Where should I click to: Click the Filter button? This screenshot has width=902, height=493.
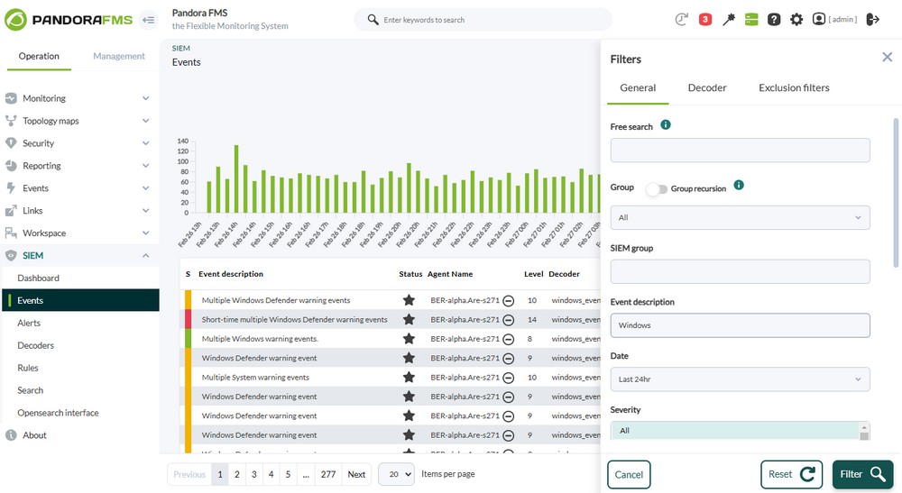pos(862,474)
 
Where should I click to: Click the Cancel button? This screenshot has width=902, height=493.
pos(629,474)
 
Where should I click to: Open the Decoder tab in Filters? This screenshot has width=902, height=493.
pos(707,87)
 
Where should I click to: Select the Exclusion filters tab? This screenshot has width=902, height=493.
pos(794,87)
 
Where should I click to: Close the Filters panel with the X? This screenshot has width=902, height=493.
pos(887,58)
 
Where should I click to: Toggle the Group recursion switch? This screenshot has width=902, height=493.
pos(657,188)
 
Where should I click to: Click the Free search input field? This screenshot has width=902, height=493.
pos(740,151)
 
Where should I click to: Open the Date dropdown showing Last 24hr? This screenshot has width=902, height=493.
pos(740,379)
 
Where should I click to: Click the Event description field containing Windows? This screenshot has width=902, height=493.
pos(740,325)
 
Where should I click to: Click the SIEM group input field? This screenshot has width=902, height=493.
pos(740,271)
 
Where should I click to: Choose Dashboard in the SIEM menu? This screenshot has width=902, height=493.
pos(38,278)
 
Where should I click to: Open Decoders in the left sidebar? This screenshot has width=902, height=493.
pos(35,345)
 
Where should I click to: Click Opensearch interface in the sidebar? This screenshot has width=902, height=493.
pos(58,413)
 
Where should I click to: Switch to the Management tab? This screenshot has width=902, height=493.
pos(119,56)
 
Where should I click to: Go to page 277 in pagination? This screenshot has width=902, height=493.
pos(328,474)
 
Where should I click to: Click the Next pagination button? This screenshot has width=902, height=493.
pos(356,474)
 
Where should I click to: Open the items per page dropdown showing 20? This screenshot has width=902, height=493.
pos(396,474)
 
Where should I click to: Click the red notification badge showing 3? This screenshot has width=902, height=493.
pos(705,19)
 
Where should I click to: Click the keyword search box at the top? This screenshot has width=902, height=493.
pos(487,19)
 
